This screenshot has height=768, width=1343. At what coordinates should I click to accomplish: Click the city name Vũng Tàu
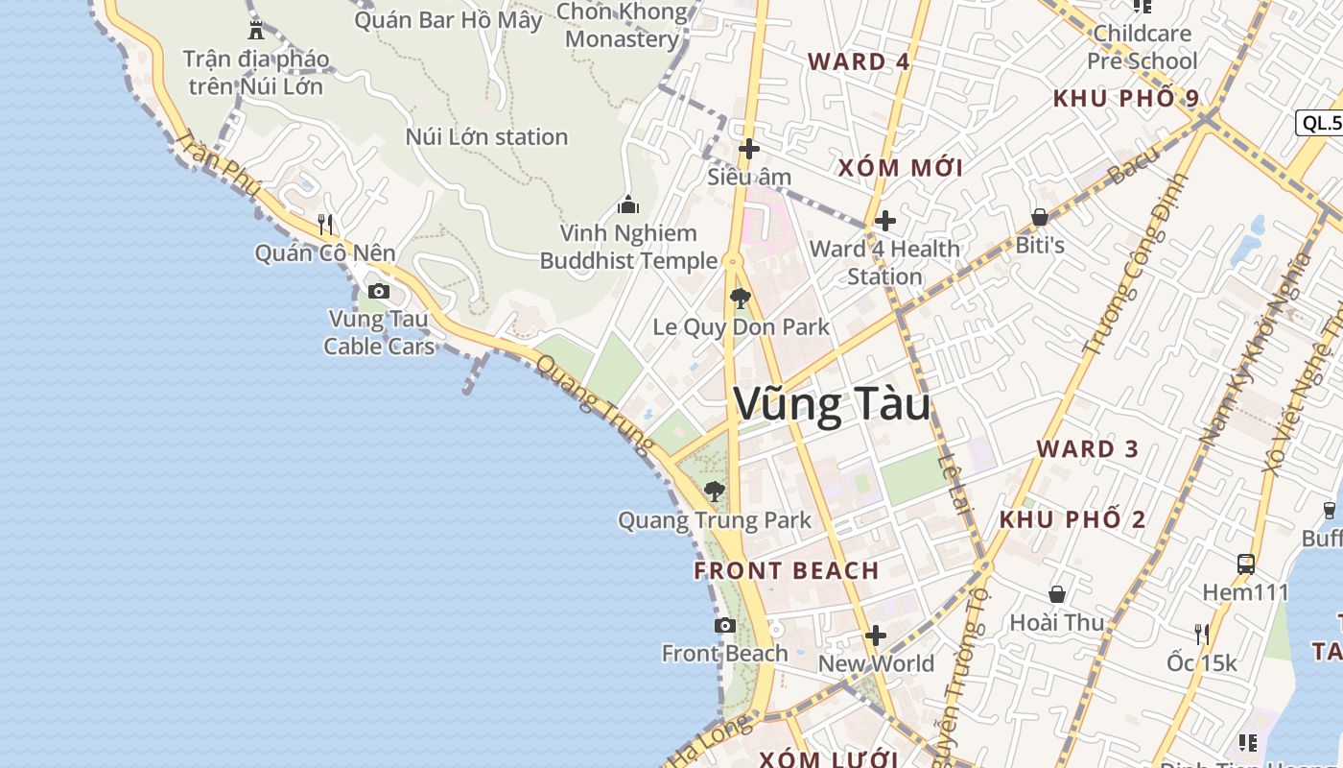point(832,404)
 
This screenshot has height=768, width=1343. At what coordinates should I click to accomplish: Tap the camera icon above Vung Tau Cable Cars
point(379,291)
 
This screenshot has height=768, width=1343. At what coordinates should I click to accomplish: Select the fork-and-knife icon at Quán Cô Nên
point(325,225)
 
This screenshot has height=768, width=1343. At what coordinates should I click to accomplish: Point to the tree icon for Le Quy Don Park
point(740,299)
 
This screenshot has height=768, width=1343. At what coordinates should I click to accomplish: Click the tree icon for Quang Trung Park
point(714,492)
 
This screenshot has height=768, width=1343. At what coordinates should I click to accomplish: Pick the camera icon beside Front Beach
point(725,626)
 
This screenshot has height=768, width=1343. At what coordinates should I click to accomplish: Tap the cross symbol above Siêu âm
point(749,149)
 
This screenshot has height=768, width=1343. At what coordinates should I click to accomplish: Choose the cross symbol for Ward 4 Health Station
point(884,221)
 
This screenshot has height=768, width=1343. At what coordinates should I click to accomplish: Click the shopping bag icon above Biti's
point(1039,217)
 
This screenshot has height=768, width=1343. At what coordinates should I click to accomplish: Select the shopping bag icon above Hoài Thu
point(1057,595)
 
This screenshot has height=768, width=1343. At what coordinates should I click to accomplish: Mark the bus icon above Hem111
point(1245,564)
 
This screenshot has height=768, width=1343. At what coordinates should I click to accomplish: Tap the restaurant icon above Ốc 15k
point(1201,634)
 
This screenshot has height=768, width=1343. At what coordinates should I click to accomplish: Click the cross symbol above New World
point(875,636)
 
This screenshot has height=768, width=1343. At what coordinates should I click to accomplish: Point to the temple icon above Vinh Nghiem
point(628,204)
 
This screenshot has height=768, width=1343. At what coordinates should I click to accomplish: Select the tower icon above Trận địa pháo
point(255,29)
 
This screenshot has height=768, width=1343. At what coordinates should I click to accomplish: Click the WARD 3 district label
point(1087,448)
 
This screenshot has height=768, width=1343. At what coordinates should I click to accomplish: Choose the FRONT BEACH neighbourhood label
point(787,570)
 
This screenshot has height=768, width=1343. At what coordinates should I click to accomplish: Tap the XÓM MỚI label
point(900,168)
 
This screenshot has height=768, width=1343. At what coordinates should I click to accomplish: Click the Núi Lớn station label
point(486,136)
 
